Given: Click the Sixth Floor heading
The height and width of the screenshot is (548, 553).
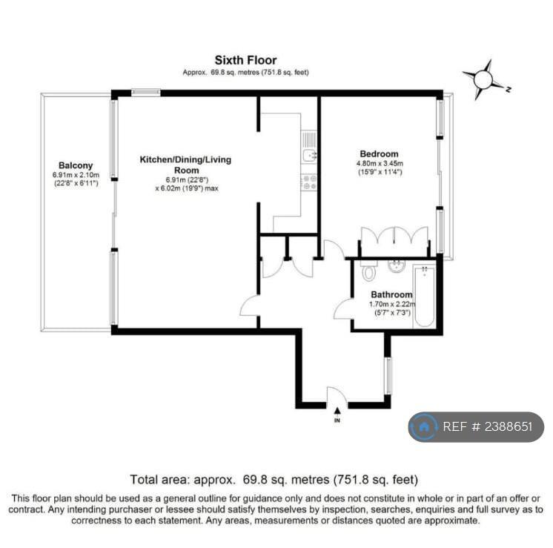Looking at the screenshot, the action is coord(246,60).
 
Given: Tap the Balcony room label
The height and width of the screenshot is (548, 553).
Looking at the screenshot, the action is coord(76,165).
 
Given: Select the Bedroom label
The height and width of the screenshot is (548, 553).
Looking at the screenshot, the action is coord(379,153).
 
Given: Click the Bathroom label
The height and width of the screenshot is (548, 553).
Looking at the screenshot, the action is coord(391,294).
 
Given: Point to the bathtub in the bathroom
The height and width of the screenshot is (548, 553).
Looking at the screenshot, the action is coord(424,297).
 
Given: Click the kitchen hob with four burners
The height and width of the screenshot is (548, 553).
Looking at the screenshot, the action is coord(309,182).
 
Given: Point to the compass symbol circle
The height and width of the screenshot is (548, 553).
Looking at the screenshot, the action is coord(483,80).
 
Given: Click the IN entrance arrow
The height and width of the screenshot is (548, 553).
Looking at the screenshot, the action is coord(337,410).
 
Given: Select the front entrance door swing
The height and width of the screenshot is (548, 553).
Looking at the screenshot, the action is coord(337,396).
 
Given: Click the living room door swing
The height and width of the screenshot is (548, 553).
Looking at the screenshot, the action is coord(249,306).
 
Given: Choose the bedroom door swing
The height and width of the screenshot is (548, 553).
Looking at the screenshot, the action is coord(334,249).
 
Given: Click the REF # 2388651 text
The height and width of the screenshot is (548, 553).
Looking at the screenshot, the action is coord(488,426).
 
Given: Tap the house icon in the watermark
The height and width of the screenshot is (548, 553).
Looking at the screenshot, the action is coord(423,427).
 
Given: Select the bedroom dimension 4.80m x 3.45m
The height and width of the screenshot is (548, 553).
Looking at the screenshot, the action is coord(380,163).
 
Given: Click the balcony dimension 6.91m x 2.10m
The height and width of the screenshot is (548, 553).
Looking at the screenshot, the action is coord(76,175).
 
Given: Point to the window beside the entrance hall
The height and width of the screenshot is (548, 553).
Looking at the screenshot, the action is coord(388,376).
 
